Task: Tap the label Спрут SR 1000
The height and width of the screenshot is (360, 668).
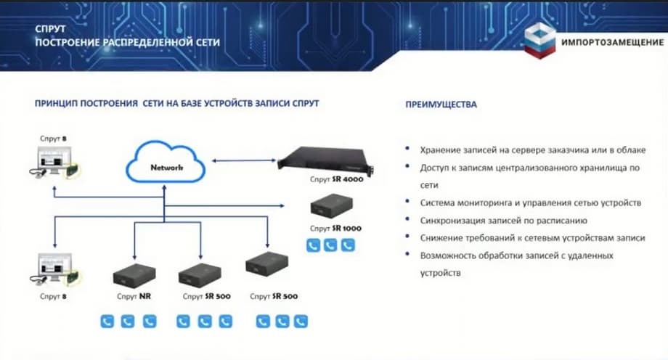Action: point(335,228)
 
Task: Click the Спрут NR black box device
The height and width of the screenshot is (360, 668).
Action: point(130,276)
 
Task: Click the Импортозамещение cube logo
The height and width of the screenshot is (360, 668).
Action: point(539,41)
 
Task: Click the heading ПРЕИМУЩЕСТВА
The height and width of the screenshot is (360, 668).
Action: point(441,105)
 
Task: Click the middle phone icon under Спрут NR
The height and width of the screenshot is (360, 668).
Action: point(128,321)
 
